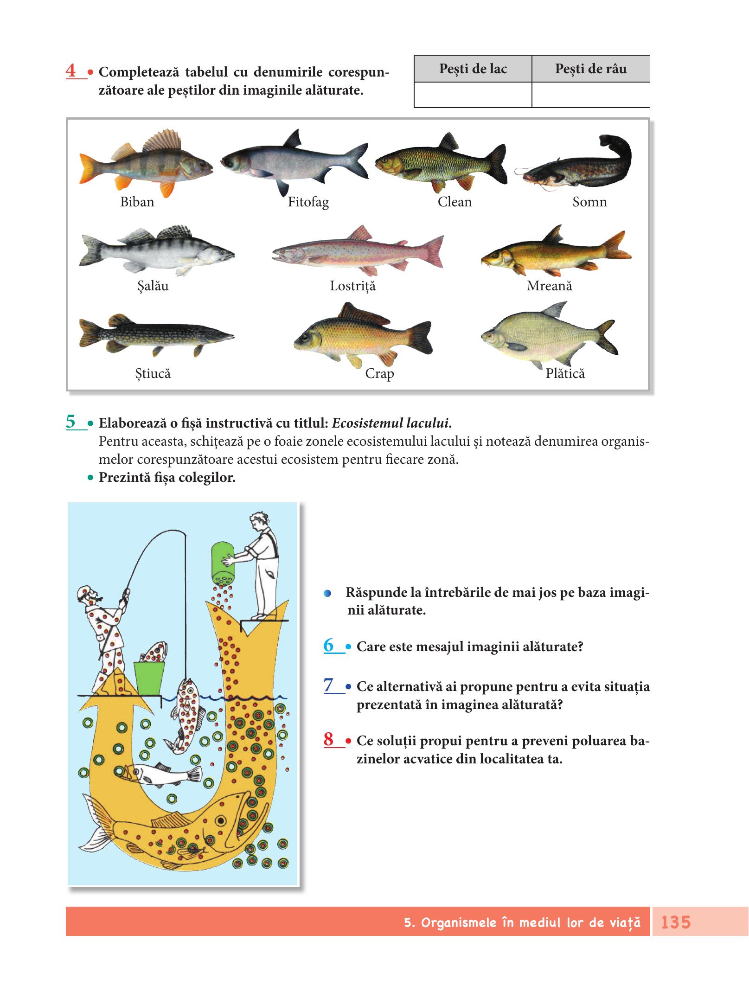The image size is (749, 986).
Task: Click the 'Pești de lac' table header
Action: [473, 69]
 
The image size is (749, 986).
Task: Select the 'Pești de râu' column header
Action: [590, 69]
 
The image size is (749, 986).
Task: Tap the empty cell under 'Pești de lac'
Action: [473, 95]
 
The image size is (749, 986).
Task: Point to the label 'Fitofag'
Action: [308, 202]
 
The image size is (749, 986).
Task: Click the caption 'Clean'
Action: [455, 202]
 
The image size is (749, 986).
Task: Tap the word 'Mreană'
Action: [549, 286]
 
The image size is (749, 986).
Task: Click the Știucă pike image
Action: [156, 334]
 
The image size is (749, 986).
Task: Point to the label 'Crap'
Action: [379, 374]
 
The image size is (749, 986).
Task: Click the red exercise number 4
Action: [71, 71]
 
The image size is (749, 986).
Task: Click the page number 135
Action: [676, 922]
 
